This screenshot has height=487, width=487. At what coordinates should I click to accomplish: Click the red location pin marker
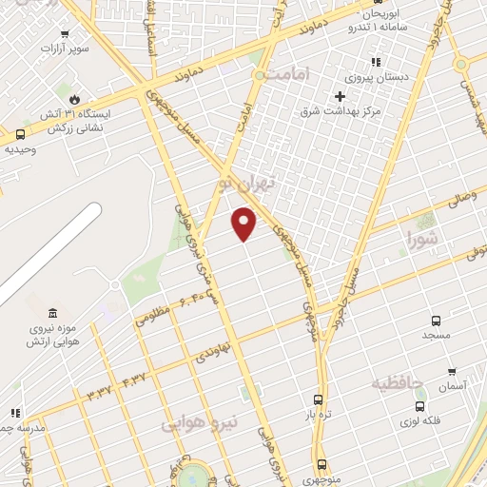coord(245,223)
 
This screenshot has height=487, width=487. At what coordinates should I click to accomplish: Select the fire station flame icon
coord(71,98)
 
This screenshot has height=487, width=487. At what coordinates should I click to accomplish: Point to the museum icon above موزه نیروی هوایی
coord(51,313)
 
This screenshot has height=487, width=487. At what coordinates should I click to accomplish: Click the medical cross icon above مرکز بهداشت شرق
coord(340,95)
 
